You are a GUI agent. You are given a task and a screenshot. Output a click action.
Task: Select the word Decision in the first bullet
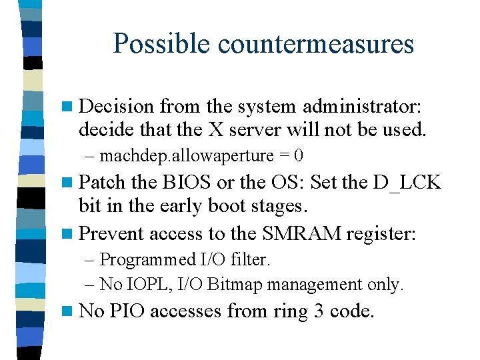click(x=117, y=106)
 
